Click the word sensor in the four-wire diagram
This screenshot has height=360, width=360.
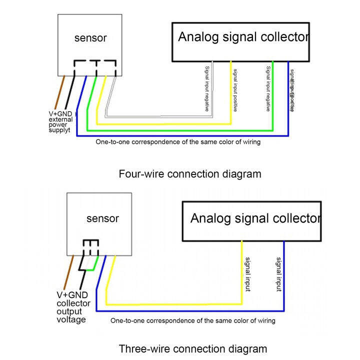click(x=90, y=37)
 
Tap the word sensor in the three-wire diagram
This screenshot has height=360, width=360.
click(x=102, y=218)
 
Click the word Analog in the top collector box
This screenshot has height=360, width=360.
click(x=199, y=37)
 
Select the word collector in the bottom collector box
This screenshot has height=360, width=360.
click(x=294, y=218)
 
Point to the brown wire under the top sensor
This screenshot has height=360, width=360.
click(x=60, y=92)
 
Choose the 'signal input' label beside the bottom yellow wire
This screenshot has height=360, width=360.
click(x=247, y=275)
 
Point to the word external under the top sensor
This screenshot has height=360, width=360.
click(x=60, y=119)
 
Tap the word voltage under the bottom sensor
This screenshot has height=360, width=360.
click(x=70, y=320)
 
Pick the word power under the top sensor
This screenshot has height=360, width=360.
click(x=58, y=125)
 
